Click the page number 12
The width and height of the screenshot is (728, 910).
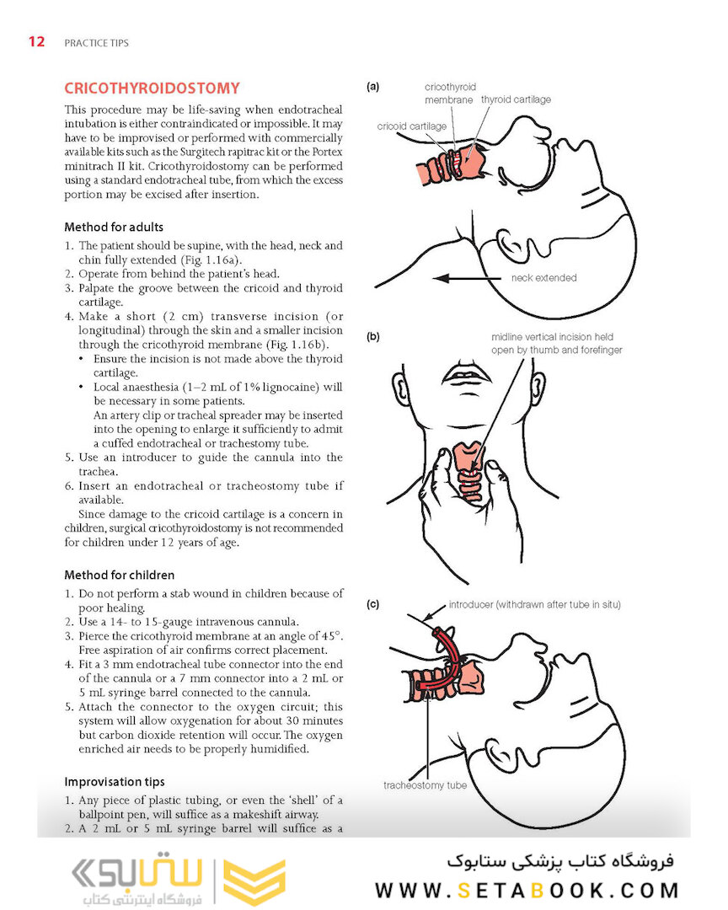[36, 42]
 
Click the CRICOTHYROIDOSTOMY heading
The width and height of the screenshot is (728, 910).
[153, 88]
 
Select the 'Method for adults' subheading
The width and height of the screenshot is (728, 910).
[114, 227]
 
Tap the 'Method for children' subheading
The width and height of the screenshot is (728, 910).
[120, 575]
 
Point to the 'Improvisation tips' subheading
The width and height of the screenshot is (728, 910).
[115, 782]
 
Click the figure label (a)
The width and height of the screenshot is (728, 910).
[372, 87]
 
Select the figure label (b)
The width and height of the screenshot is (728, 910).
[372, 337]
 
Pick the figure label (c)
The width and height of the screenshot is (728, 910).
[372, 604]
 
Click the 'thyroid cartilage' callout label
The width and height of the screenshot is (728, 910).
[516, 99]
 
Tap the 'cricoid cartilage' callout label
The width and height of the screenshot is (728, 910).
[412, 126]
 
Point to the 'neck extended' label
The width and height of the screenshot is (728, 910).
[543, 278]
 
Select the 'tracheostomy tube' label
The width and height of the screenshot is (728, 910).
[425, 785]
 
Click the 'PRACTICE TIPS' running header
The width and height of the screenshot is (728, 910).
[96, 43]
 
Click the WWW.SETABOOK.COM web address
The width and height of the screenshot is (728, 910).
[527, 890]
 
